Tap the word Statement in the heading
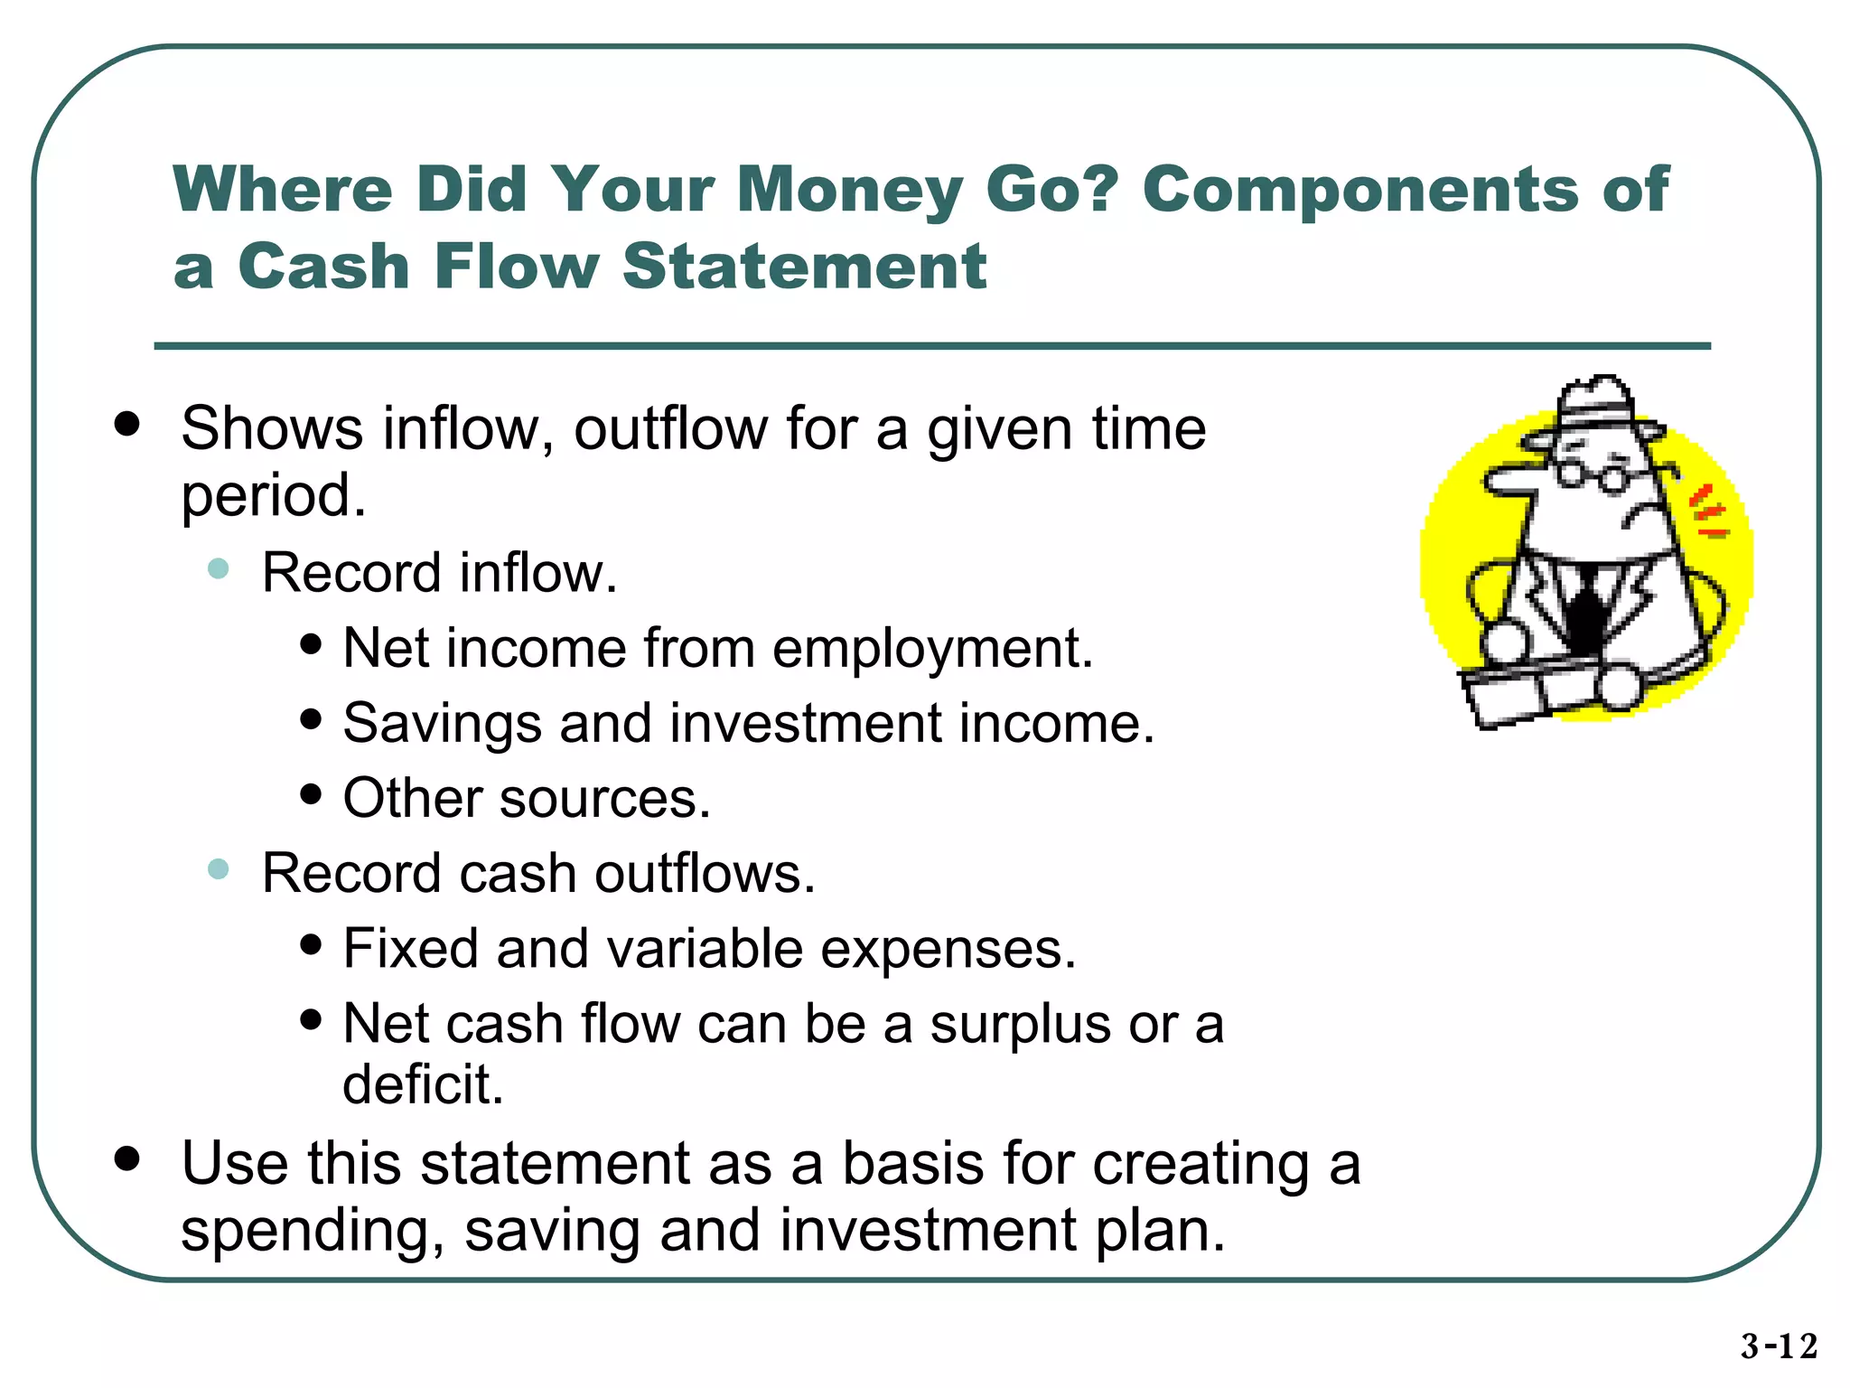804,267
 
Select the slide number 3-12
1779,1346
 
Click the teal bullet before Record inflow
218,568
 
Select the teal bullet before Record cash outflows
218,869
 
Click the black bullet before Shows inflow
127,424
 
